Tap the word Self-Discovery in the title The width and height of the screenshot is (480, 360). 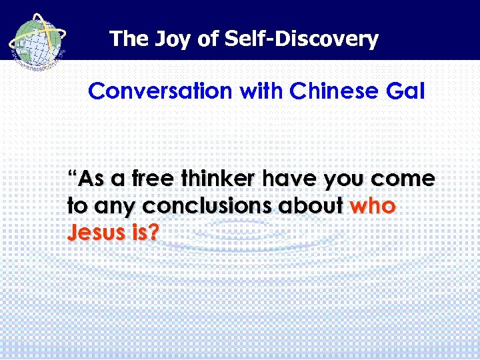[x=301, y=39]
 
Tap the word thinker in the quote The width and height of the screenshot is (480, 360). [x=220, y=180]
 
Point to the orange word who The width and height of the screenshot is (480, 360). [x=373, y=207]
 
